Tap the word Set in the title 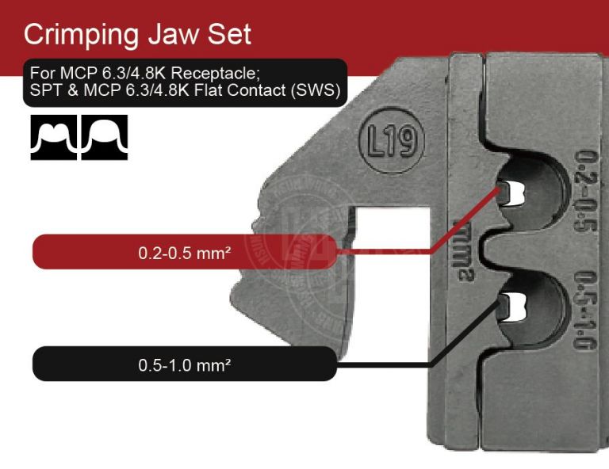228,34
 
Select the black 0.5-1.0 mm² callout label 184,366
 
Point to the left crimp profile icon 54,138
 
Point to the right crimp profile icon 104,138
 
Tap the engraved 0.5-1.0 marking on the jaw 586,311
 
